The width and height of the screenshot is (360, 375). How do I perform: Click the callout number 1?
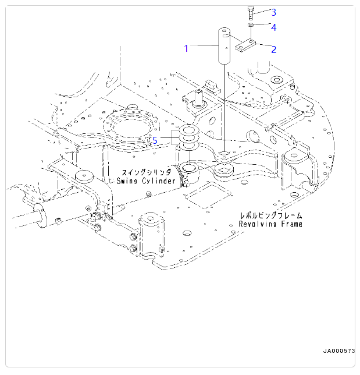tap(186, 48)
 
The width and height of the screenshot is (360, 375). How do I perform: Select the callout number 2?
tap(273, 49)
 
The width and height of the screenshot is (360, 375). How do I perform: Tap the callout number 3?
tap(273, 12)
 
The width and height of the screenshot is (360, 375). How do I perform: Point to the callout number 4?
tap(273, 27)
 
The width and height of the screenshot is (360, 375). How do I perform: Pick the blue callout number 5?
tap(155, 140)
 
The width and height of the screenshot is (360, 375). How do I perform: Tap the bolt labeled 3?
tap(250, 12)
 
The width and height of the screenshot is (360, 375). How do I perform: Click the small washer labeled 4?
tap(250, 26)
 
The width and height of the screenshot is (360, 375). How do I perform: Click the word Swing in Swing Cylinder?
tap(128, 181)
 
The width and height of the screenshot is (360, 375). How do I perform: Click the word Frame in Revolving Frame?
tap(293, 224)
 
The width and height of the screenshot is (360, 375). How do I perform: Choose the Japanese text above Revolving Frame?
tap(271, 215)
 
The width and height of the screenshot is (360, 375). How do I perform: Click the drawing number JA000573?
tap(339, 351)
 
